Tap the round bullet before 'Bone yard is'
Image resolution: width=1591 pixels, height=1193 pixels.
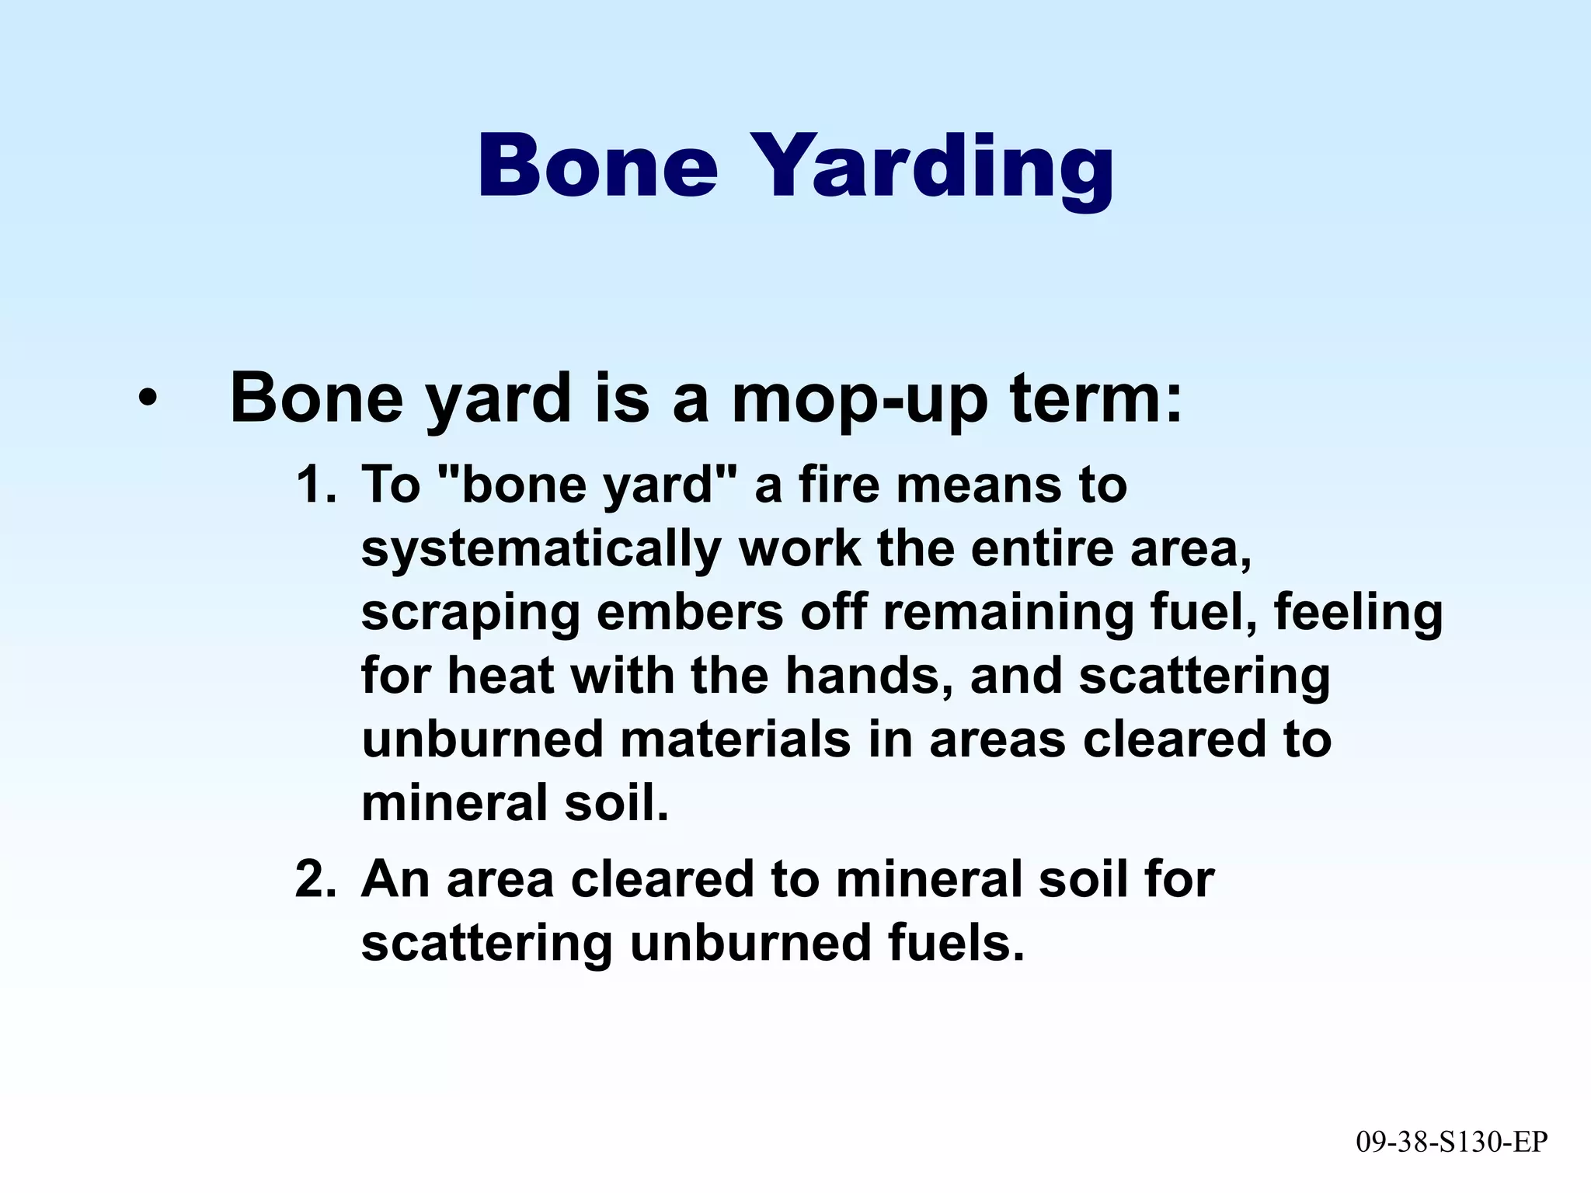pyautogui.click(x=147, y=400)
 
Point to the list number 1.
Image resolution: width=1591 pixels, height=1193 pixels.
pyautogui.click(x=315, y=485)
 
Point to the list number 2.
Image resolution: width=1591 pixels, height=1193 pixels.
pyautogui.click(x=315, y=880)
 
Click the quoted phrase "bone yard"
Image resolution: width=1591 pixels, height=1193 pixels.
pyautogui.click(x=587, y=485)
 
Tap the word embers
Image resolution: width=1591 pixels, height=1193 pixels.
pyautogui.click(x=690, y=612)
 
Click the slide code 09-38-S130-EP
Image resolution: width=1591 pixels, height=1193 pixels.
pyautogui.click(x=1451, y=1142)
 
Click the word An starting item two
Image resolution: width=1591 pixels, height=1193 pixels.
pyautogui.click(x=395, y=880)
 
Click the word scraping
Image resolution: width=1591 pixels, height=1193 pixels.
pyautogui.click(x=470, y=614)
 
